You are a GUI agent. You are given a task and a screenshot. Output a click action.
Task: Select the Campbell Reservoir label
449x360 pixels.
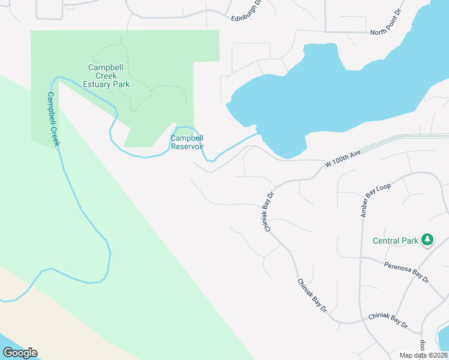[187, 142]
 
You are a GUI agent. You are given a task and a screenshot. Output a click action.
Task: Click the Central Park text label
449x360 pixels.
[395, 241]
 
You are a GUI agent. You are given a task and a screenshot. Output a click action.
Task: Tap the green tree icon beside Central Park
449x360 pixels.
[427, 240]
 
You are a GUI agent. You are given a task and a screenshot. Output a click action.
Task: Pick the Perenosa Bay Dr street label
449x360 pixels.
[407, 271]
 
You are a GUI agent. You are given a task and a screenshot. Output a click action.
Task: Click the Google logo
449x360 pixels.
[20, 353]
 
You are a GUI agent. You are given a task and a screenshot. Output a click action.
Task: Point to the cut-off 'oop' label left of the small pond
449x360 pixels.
[423, 346]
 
